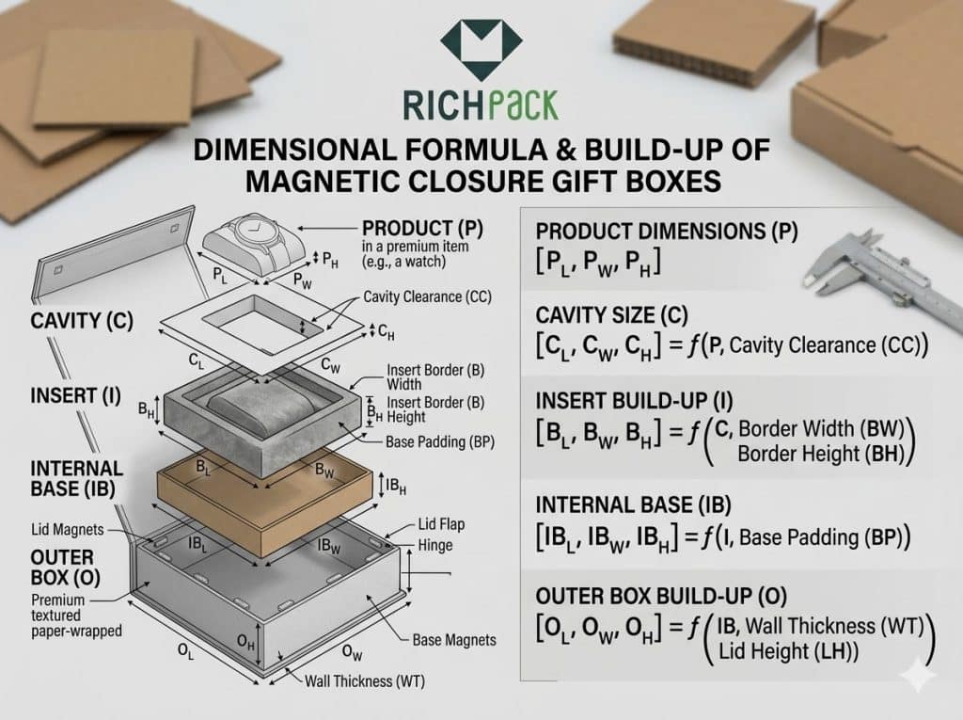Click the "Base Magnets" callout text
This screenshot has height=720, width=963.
tap(454, 640)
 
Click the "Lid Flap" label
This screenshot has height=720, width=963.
tap(438, 524)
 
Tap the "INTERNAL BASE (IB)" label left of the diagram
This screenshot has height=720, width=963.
tap(76, 476)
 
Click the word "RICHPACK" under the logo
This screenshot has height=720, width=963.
tap(480, 104)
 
